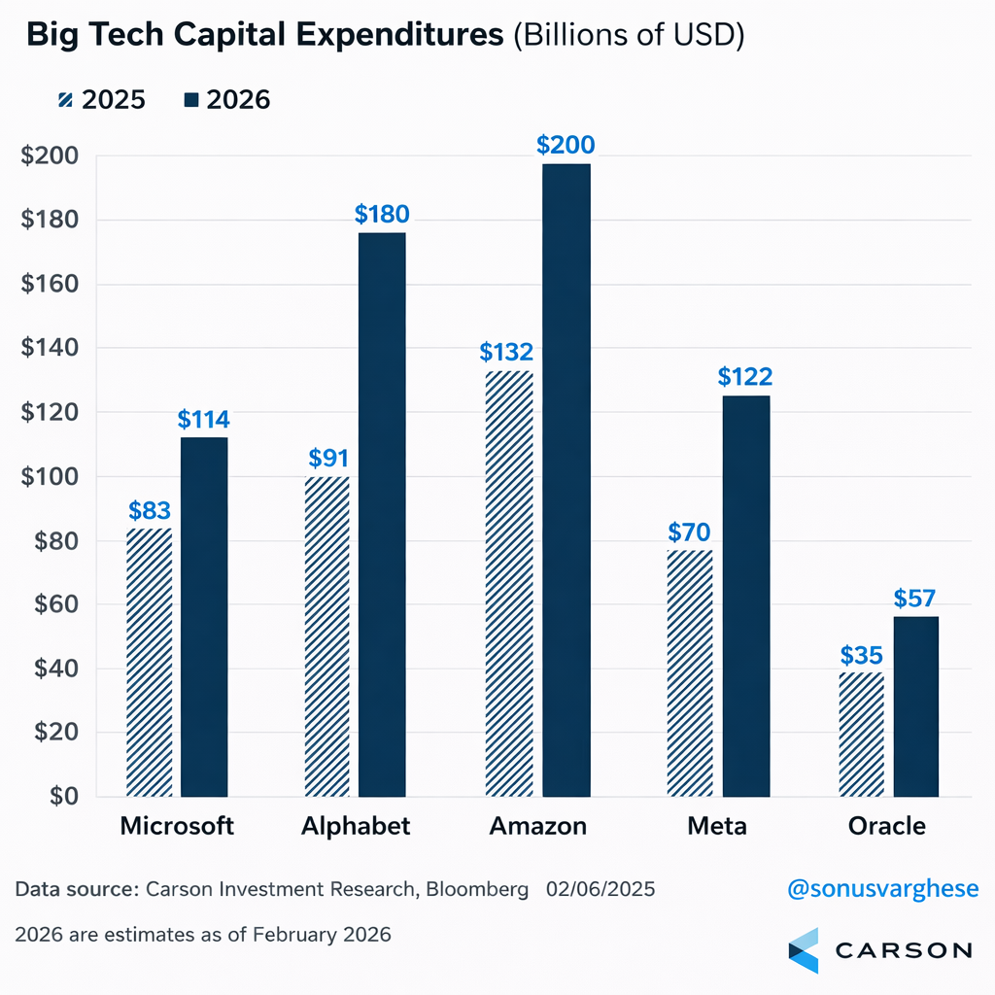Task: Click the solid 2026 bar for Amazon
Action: tap(566, 480)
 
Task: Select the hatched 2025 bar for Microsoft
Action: tap(150, 662)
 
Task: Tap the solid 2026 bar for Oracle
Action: tap(916, 706)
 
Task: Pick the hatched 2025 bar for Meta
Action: tap(690, 673)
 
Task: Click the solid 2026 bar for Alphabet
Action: tap(382, 515)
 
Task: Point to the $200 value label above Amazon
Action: tap(566, 146)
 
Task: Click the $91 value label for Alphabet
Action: tap(327, 457)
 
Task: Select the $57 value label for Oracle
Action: tap(916, 598)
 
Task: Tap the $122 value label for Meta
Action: tap(744, 376)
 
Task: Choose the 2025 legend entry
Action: tap(101, 99)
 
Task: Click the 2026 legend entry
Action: tap(226, 99)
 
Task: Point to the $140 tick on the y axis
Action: tap(51, 348)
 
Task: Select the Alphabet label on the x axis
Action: tap(356, 826)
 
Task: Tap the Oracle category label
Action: tap(886, 826)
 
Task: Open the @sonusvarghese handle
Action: tap(880, 888)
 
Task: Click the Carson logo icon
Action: tap(804, 949)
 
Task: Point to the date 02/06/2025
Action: tap(600, 889)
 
